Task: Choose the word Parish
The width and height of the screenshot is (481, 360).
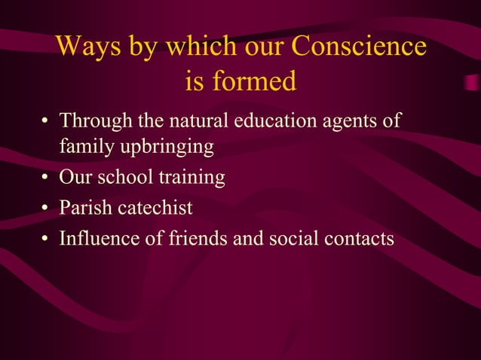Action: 84,209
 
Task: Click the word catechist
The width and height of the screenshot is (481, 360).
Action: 154,209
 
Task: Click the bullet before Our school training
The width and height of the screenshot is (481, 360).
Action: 47,179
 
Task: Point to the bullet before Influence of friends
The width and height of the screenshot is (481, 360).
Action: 47,239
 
